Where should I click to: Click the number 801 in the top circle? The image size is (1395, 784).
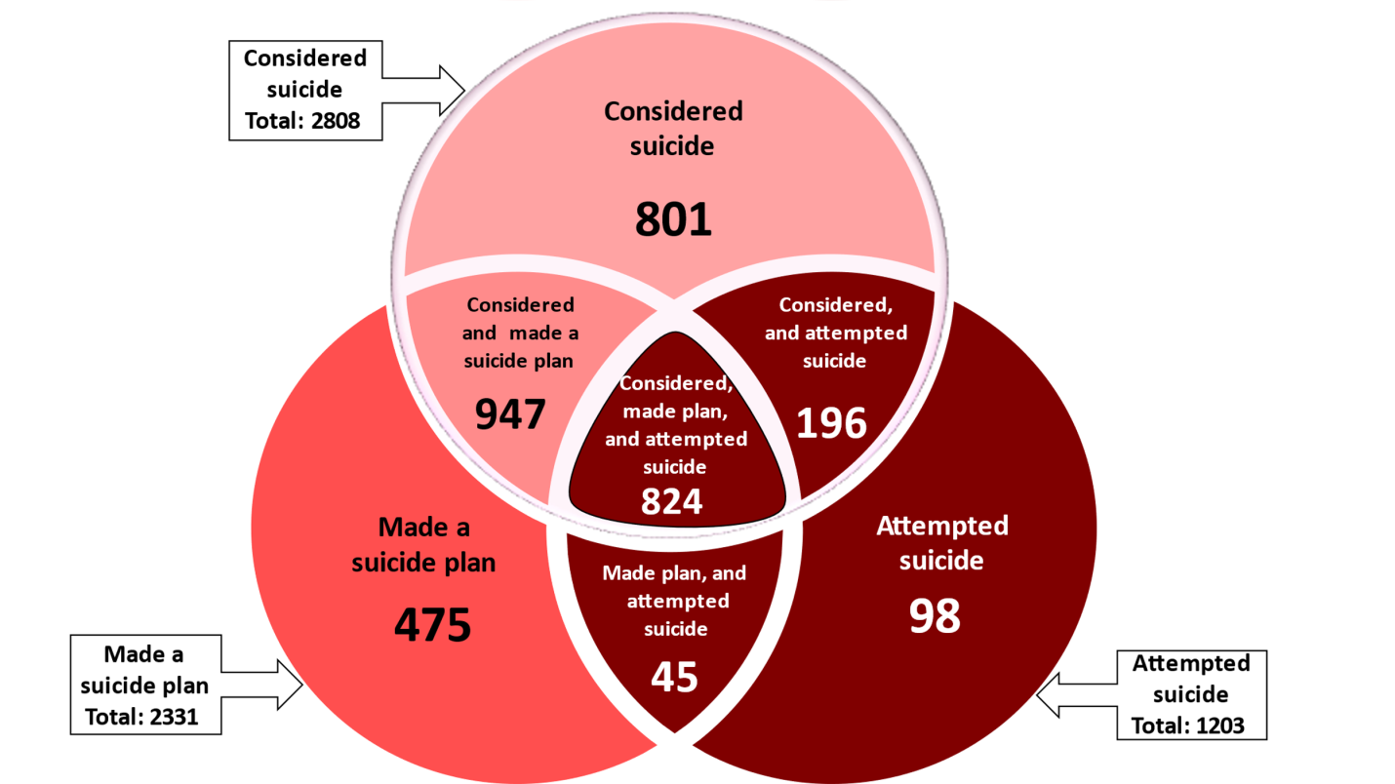point(673,220)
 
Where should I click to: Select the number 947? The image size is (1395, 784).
point(510,414)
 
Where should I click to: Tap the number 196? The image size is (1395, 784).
point(831,423)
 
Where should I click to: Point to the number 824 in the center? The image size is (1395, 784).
point(672,501)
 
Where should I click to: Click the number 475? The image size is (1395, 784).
point(432,624)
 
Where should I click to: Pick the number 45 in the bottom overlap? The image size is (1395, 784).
point(674,677)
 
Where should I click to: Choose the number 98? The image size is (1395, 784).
point(935,615)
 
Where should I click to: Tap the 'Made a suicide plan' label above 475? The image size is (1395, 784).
point(423,545)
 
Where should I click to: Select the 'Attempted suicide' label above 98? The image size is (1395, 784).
point(941,543)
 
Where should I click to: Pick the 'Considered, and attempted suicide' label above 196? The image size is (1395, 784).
point(835,333)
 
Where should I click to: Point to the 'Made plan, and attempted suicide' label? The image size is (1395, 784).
point(674,601)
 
